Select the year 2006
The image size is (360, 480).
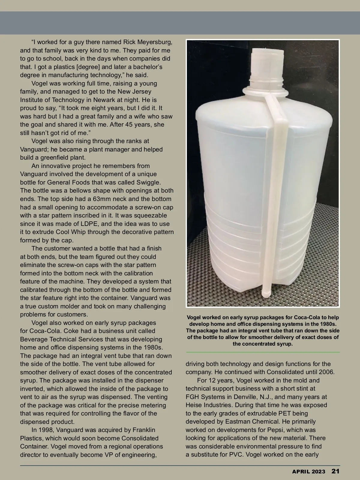[x=327, y=372]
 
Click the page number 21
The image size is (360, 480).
[x=335, y=471]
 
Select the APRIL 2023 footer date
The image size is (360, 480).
[x=308, y=471]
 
